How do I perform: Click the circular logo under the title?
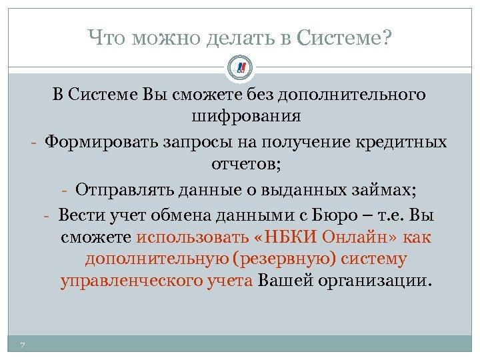coord(240,67)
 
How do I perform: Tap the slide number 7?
coord(23,344)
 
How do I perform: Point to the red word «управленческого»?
coord(133,281)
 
